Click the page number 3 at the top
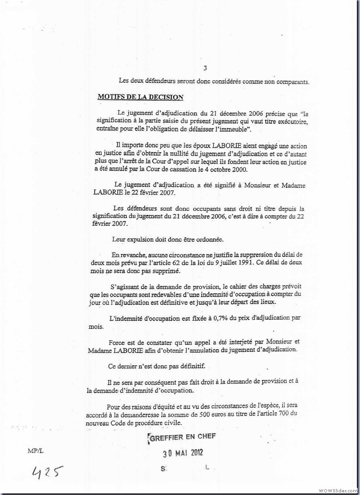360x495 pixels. tap(205, 68)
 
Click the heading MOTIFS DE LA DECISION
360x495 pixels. tap(140, 97)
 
